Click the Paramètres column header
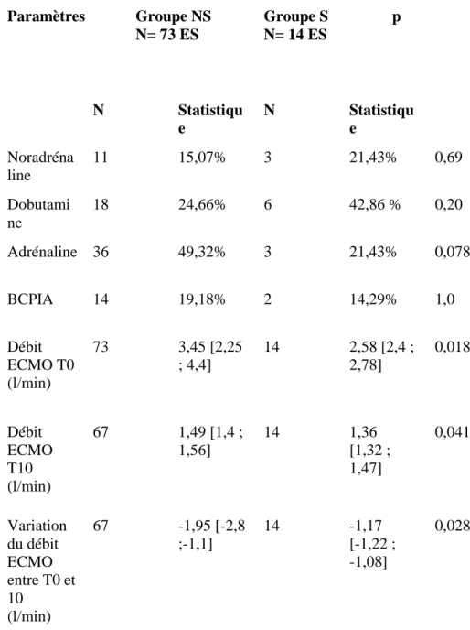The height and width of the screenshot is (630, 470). pos(46,16)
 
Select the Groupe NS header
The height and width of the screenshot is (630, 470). pos(174,25)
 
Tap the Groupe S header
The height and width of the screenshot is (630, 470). pos(295,25)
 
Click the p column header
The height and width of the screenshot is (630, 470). pos(396,17)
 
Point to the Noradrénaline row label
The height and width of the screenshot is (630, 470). pos(40,166)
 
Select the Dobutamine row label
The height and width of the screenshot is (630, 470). pos(38,213)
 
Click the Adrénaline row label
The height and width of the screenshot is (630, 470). pos(42,252)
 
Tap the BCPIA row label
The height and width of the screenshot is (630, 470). pos(30,299)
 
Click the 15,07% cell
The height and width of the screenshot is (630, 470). pos(202,157)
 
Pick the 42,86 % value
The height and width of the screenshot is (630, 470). pos(375,204)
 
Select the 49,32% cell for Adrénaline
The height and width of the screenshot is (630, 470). pos(202,252)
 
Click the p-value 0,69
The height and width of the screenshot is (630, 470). pos(448,157)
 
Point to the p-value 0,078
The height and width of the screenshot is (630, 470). pos(452,252)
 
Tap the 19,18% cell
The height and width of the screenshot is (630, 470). pos(202,299)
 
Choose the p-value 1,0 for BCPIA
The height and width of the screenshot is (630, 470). pos(444,299)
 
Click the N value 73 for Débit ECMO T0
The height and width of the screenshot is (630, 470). pos(101,346)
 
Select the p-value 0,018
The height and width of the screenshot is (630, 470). pos(452,346)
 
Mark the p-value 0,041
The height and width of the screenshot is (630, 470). pos(452,432)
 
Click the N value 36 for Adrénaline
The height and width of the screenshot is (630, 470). pos(101,252)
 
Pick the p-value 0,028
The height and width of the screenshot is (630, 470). pos(452,526)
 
